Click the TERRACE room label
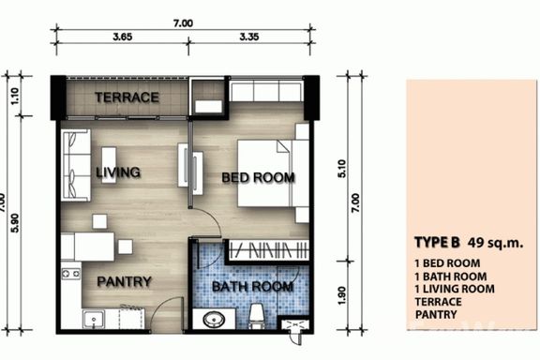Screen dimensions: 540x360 (x=127, y=97)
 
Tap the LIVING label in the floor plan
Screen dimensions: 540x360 (x=118, y=172)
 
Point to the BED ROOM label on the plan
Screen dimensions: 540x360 (x=259, y=178)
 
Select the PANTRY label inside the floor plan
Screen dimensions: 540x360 (x=124, y=282)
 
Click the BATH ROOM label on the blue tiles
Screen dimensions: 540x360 (x=253, y=287)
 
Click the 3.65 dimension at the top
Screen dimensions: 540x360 (x=123, y=37)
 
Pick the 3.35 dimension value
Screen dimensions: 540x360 (x=249, y=37)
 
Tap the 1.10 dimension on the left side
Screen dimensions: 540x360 (x=15, y=97)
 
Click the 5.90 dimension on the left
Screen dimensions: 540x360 (x=15, y=223)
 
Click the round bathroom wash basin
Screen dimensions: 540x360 (x=214, y=319)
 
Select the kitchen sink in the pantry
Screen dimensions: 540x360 (x=94, y=319)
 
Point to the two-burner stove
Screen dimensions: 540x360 (x=71, y=274)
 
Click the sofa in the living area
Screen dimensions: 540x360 (x=76, y=165)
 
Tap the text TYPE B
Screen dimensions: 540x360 (x=437, y=243)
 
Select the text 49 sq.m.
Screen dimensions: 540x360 (x=496, y=243)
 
